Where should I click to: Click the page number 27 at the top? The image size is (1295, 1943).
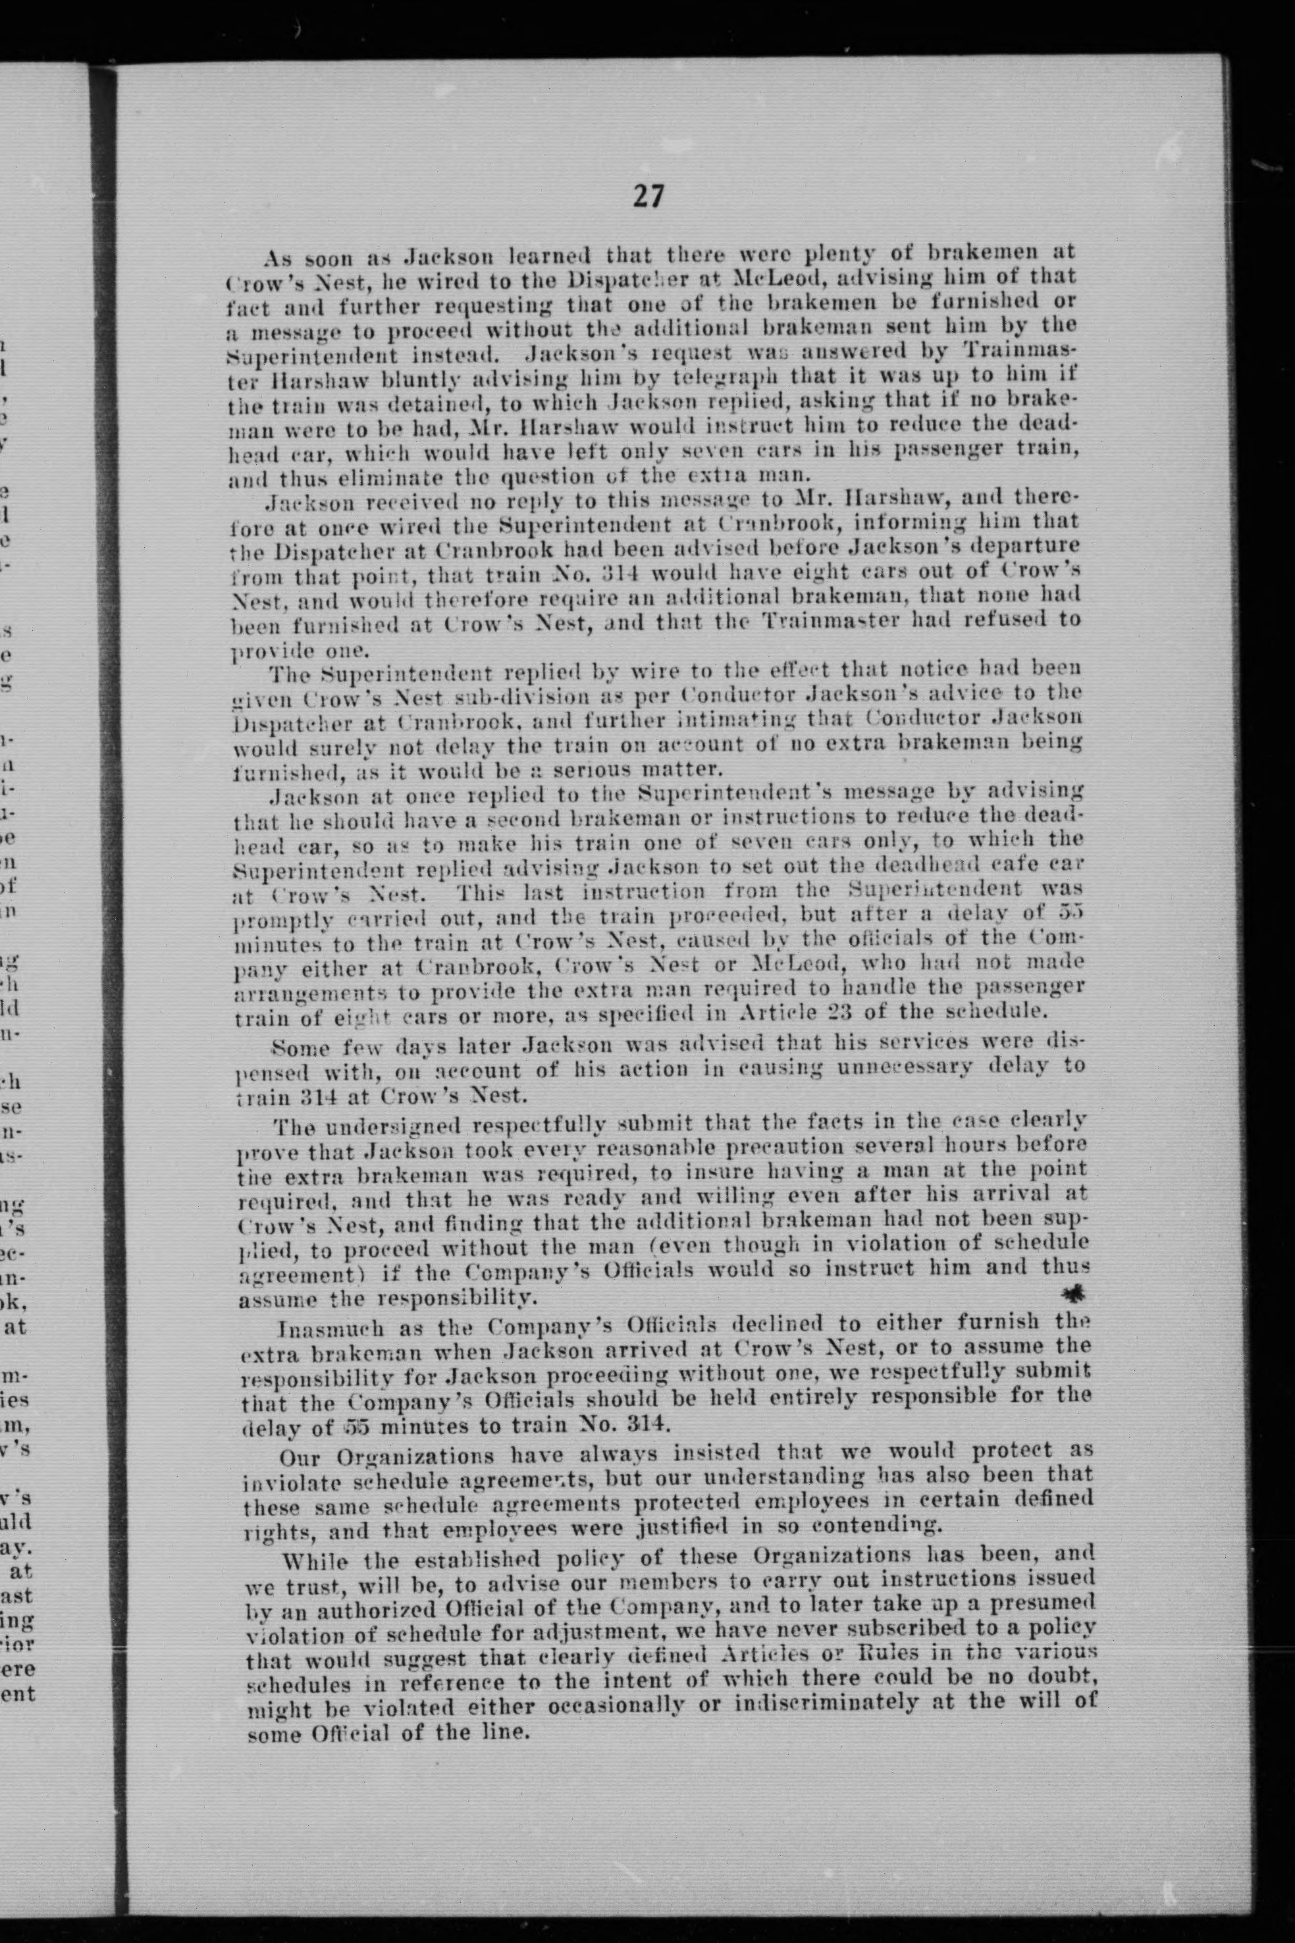pyautogui.click(x=648, y=196)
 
